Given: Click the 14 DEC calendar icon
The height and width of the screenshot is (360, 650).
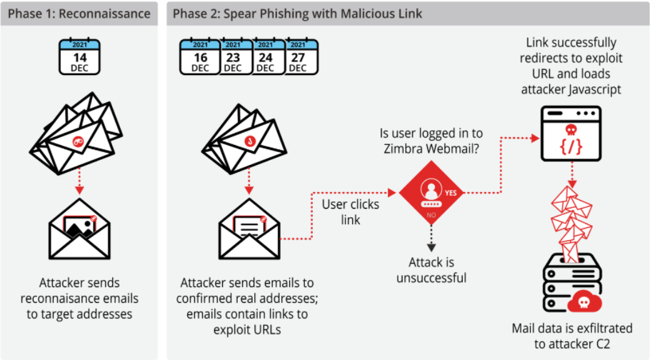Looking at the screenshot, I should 79,56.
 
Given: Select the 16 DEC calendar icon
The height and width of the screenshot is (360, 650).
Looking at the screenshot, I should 200,56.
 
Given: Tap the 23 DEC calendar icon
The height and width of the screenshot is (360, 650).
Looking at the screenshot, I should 233,56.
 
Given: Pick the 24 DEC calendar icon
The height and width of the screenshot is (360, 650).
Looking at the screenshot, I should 265,56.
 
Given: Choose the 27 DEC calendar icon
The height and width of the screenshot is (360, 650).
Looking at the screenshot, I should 298,56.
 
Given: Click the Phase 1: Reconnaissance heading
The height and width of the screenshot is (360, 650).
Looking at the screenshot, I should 79,14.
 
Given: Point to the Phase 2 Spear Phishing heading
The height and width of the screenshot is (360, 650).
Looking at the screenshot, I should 298,14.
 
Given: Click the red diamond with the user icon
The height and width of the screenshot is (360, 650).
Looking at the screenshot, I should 431,191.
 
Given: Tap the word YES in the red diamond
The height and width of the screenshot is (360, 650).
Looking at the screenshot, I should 451,192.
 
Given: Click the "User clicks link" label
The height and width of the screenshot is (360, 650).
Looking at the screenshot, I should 351,212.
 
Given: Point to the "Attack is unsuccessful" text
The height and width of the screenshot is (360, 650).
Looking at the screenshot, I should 431,270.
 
